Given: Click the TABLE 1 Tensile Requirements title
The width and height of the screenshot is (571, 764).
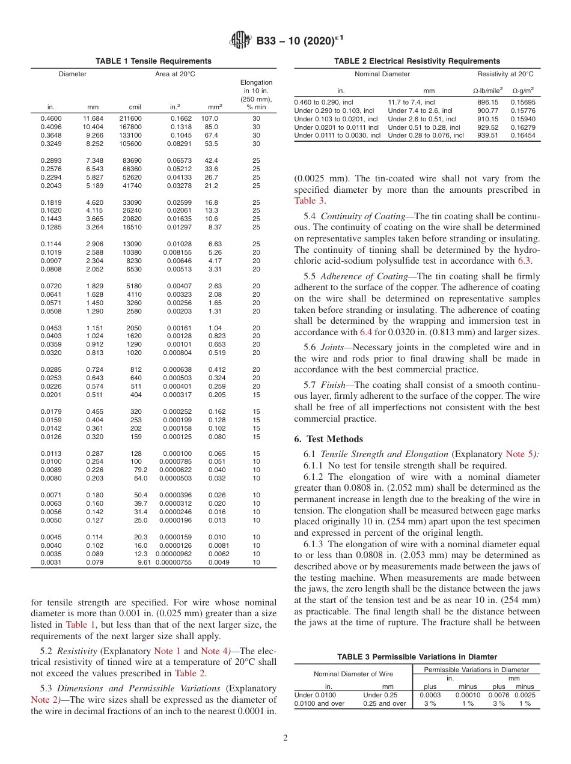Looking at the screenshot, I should tap(154, 61).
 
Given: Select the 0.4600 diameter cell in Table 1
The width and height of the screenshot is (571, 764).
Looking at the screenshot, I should tap(50, 119).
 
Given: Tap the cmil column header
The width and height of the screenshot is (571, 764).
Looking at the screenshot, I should tap(135, 107).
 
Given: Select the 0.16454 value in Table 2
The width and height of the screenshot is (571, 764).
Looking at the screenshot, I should tap(522, 136).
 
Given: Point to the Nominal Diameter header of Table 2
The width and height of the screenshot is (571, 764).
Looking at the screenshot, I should tap(382, 74).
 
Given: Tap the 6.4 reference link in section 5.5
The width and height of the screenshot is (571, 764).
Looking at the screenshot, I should tap(366, 332).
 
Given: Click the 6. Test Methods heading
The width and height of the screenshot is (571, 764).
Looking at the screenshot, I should tap(329, 439).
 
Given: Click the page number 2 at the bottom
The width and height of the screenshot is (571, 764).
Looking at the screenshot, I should tap(285, 738).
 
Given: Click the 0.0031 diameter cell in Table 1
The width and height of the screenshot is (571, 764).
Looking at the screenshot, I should tap(50, 562).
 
